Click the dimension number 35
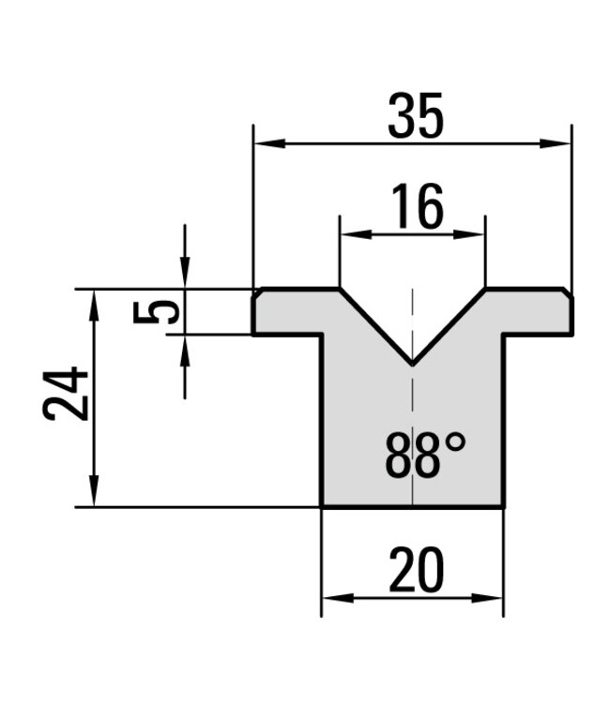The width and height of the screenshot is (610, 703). (x=416, y=115)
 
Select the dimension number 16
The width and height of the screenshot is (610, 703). (x=418, y=206)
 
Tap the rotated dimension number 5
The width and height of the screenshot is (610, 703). (x=156, y=312)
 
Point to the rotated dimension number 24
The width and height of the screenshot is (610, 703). (x=66, y=394)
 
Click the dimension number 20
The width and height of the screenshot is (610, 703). (x=417, y=569)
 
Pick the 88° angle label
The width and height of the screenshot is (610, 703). (x=425, y=455)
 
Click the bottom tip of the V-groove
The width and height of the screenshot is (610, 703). (x=412, y=364)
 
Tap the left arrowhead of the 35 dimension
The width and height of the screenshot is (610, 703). (x=269, y=144)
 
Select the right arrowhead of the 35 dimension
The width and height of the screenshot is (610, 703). (x=556, y=144)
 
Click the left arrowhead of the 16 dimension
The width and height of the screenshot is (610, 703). (x=357, y=234)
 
